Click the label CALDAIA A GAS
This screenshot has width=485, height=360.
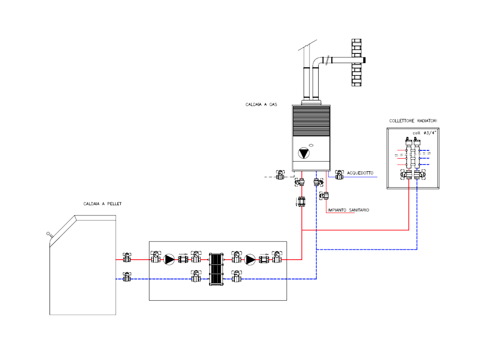click(x=261, y=105)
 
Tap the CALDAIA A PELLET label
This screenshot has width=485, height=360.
click(x=102, y=204)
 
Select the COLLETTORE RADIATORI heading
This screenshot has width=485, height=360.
click(x=413, y=121)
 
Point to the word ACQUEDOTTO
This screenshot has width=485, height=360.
click(x=360, y=173)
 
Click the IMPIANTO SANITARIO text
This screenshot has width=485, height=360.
click(x=348, y=210)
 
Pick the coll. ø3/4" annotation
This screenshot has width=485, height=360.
click(x=424, y=133)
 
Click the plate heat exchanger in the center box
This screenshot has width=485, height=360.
click(x=216, y=269)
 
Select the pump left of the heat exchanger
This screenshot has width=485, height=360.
click(x=169, y=260)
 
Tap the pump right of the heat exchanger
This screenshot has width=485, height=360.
click(x=250, y=260)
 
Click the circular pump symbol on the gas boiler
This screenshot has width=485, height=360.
click(x=304, y=153)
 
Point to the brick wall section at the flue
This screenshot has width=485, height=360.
click(x=356, y=63)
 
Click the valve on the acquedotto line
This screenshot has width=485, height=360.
click(x=339, y=175)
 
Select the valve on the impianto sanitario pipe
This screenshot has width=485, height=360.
click(x=324, y=196)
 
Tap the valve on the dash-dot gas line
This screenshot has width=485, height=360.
click(x=280, y=175)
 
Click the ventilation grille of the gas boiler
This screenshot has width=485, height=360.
click(x=311, y=121)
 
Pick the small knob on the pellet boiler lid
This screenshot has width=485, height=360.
click(x=48, y=234)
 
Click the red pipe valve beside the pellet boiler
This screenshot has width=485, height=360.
click(x=127, y=258)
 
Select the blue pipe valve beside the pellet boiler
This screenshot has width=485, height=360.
click(x=127, y=277)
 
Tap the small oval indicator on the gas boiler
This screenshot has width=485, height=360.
click(x=311, y=145)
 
